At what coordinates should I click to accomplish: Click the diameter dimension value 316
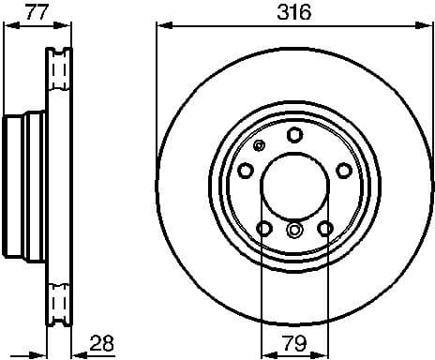(x=292, y=12)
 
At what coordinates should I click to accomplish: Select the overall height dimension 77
(x=36, y=12)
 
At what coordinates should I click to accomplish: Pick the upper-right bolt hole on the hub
(x=343, y=170)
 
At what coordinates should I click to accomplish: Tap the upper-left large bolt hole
(x=246, y=170)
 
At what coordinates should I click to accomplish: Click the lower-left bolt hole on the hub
(x=263, y=228)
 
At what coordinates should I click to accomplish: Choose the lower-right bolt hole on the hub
(x=324, y=228)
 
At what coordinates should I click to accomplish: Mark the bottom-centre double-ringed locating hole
(x=293, y=232)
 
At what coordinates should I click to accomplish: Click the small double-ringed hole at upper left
(x=260, y=145)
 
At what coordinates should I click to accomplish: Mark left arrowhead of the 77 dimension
(x=8, y=27)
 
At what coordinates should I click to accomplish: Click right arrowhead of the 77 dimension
(x=68, y=27)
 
